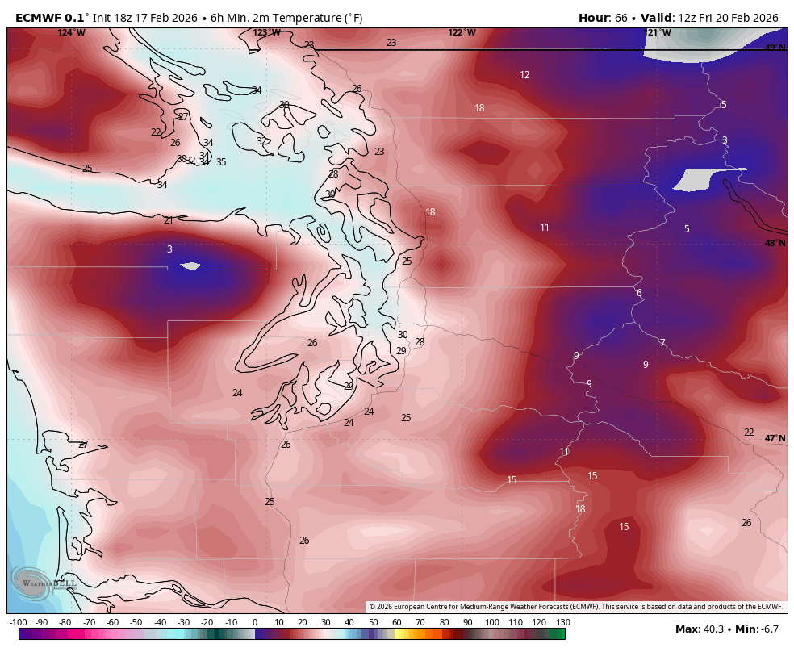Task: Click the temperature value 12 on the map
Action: click(524, 75)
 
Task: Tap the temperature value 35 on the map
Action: click(221, 162)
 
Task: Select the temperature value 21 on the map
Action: click(169, 220)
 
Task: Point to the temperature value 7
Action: click(662, 343)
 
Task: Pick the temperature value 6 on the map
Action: click(639, 293)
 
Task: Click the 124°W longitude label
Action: click(71, 33)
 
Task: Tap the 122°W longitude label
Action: click(462, 33)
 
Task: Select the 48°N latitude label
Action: click(775, 244)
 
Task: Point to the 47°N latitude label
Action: click(775, 439)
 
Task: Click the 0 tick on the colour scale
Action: click(255, 622)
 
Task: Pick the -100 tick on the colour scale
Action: click(19, 622)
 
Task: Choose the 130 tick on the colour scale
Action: click(563, 622)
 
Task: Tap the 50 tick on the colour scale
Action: click(374, 622)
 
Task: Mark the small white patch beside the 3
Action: click(190, 265)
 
